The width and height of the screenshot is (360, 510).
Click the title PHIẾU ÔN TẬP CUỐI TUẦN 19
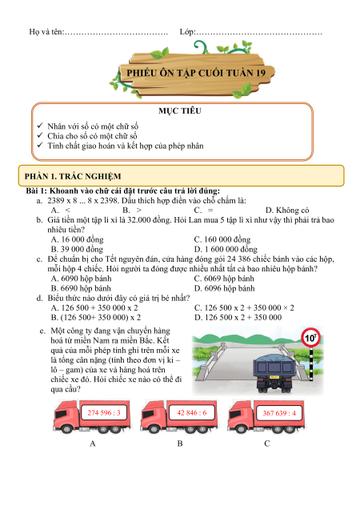[196, 73]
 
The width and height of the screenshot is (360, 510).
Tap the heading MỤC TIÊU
[180, 111]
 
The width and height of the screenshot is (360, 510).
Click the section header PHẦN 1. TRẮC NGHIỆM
[73, 176]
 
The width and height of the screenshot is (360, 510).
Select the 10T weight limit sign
[310, 338]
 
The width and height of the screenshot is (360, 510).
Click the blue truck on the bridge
[274, 372]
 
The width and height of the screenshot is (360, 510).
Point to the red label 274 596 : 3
[104, 413]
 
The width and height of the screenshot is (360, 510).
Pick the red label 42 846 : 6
[191, 413]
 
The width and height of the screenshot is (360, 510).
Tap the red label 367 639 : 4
[279, 413]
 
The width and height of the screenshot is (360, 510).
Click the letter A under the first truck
[93, 444]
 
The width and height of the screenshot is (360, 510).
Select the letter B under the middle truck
[180, 444]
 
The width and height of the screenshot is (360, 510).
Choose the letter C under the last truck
[267, 444]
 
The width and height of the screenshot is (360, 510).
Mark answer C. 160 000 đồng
[222, 239]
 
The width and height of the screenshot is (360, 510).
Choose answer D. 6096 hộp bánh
[224, 288]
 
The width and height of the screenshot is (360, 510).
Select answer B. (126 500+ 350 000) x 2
[96, 318]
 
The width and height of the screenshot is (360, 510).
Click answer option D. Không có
[287, 211]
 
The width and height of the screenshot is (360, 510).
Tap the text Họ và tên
[46, 32]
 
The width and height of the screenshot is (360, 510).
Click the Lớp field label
[187, 32]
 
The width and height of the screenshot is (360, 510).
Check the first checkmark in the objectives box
[40, 126]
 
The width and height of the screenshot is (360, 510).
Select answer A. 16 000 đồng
[78, 239]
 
